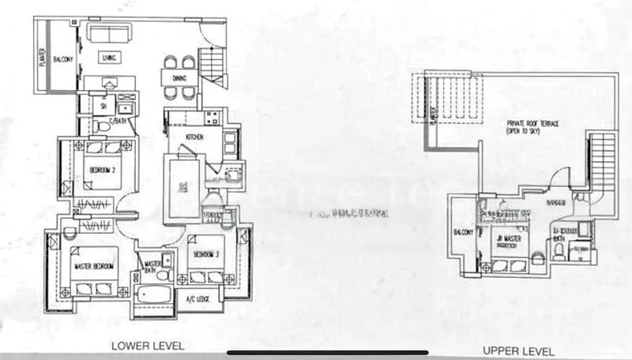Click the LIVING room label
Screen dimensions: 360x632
108,57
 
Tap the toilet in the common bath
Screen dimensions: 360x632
96,126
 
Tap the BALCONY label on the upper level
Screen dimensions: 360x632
463,232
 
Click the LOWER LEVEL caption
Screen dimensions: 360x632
148,346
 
